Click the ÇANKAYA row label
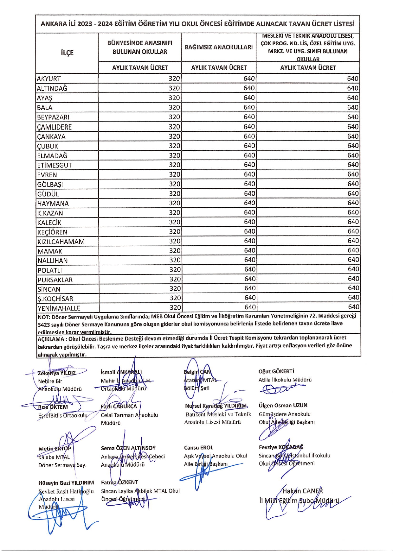51,137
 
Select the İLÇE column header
67,53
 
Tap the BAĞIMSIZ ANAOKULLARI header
219,47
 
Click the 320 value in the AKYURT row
174,79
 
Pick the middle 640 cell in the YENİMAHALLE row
249,307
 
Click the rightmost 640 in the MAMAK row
353,250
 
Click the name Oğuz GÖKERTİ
276,371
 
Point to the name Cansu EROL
198,448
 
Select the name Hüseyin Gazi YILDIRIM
66,483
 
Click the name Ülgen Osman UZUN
283,405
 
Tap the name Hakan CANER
302,491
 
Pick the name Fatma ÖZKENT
119,482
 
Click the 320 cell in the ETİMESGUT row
174,165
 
